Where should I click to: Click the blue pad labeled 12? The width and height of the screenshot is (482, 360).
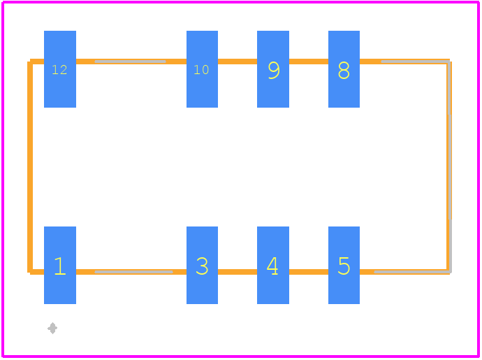60,69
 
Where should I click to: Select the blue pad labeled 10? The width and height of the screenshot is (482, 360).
202,69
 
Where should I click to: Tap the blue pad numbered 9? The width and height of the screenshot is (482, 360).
273,69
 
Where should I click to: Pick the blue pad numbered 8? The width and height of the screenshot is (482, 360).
344,69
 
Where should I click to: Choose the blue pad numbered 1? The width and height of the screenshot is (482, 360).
60,265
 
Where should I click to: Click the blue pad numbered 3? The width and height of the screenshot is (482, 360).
202,265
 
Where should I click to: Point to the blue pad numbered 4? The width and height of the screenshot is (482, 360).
273,265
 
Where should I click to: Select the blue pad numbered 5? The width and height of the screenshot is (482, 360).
344,265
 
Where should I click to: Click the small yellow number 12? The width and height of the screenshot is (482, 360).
59,70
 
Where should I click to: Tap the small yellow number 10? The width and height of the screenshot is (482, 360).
201,70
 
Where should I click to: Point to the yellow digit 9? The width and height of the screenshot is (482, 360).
274,70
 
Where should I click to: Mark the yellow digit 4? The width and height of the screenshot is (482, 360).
272,266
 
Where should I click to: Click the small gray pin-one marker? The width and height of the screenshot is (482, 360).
52,328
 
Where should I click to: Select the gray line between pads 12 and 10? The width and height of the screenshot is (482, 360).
131,62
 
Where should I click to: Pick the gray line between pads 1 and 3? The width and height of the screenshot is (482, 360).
133,272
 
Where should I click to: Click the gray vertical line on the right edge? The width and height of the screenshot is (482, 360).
450,167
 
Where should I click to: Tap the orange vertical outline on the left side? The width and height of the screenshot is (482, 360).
30,167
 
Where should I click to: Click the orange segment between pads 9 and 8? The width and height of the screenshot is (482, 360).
309,62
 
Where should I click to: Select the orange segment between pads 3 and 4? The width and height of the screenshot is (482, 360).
238,272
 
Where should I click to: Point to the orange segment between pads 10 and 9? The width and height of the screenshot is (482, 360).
238,62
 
